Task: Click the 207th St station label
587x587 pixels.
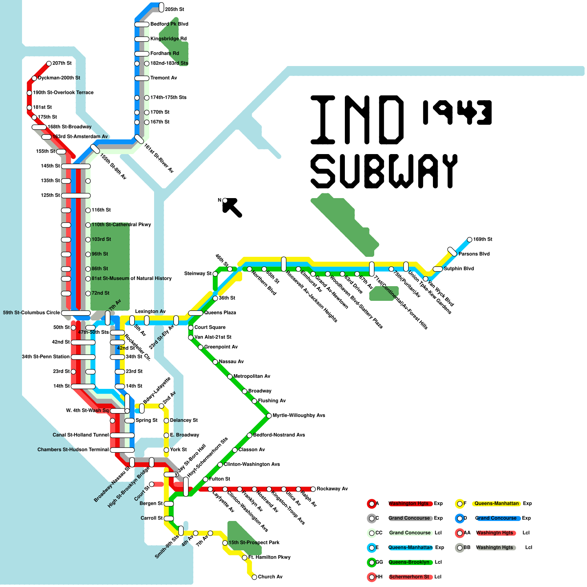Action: (x=62, y=63)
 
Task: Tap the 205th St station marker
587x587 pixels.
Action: (x=161, y=7)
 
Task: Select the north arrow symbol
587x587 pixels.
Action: (x=232, y=207)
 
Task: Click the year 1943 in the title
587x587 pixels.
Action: (x=457, y=112)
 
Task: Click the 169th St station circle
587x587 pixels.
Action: (x=470, y=240)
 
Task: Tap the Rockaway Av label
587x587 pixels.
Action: (x=332, y=489)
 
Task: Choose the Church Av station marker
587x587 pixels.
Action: (x=254, y=577)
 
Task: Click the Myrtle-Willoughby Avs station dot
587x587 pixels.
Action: (x=269, y=416)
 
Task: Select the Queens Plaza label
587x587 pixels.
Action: (x=220, y=313)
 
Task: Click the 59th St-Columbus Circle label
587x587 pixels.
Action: (x=31, y=313)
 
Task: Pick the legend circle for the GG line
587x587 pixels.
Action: (x=372, y=562)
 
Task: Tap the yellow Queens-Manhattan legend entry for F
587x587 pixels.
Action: (x=496, y=503)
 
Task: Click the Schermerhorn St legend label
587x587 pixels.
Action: (x=409, y=577)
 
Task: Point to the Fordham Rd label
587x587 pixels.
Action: (x=165, y=53)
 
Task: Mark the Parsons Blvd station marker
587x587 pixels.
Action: (x=452, y=252)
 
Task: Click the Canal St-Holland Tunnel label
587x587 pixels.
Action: (x=81, y=435)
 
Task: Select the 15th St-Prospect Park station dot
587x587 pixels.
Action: (x=225, y=543)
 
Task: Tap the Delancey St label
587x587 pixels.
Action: (x=184, y=420)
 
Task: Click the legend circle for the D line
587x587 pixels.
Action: (x=460, y=518)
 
